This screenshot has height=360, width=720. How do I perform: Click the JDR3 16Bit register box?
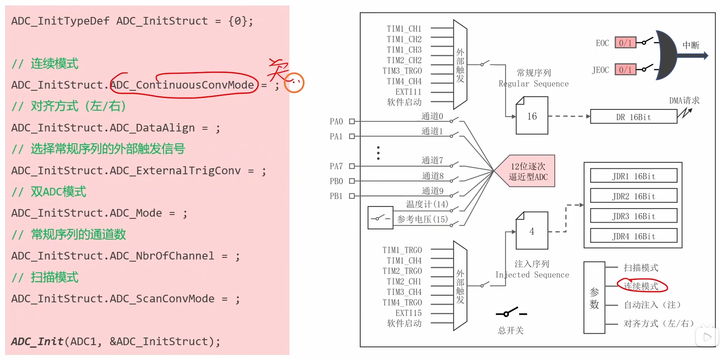pyautogui.click(x=633, y=216)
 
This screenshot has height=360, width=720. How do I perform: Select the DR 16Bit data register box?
pyautogui.click(x=633, y=117)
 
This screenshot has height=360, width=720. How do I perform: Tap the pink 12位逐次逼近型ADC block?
pyautogui.click(x=528, y=171)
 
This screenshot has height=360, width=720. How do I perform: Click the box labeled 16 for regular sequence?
pyautogui.click(x=532, y=116)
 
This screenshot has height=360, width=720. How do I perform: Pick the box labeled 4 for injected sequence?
pyautogui.click(x=532, y=232)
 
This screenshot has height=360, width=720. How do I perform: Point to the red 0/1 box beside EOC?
pyautogui.click(x=625, y=43)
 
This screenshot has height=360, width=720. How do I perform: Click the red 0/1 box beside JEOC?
pyautogui.click(x=625, y=70)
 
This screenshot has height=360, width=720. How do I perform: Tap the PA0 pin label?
pyautogui.click(x=336, y=122)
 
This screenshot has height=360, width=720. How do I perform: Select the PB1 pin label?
pyautogui.click(x=336, y=196)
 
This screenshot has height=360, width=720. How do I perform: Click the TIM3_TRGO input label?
pyautogui.click(x=402, y=71)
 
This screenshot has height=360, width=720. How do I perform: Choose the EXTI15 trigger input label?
pyautogui.click(x=408, y=313)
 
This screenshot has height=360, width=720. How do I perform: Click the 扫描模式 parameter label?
pyautogui.click(x=641, y=268)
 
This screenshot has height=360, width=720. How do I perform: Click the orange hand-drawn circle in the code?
pyautogui.click(x=294, y=83)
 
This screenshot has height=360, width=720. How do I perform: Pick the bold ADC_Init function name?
pyautogui.click(x=37, y=341)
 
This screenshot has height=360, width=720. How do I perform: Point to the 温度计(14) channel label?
pyautogui.click(x=427, y=204)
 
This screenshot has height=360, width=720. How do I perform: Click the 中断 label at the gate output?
pyautogui.click(x=690, y=45)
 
